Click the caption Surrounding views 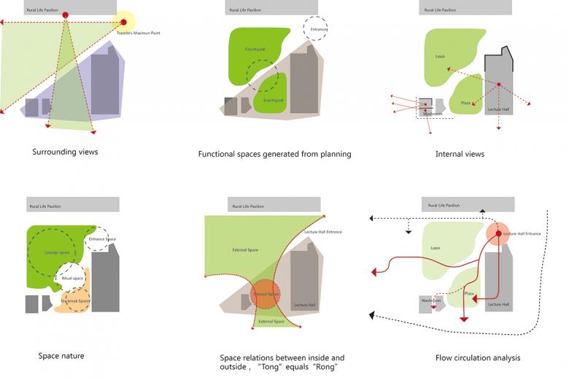[x=65, y=152]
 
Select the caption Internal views [x=460, y=154]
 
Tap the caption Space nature [x=61, y=356]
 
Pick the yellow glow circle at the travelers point [x=124, y=22]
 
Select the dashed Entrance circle [x=316, y=28]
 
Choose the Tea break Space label [x=74, y=301]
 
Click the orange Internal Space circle [x=266, y=294]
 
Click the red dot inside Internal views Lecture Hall [x=498, y=85]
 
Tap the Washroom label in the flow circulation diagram [x=431, y=300]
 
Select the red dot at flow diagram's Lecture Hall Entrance [x=500, y=234]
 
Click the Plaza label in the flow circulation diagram [x=469, y=295]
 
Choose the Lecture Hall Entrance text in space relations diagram [x=325, y=232]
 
